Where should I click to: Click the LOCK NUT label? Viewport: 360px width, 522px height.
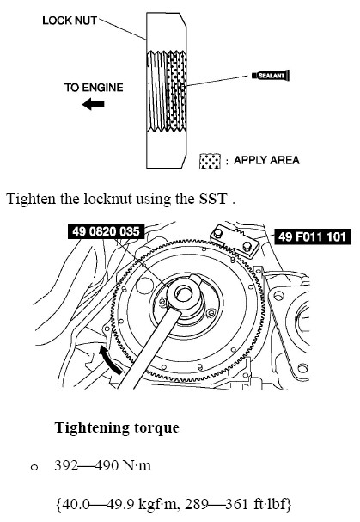pyautogui.click(x=70, y=21)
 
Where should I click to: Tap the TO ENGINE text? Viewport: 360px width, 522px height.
pyautogui.click(x=94, y=88)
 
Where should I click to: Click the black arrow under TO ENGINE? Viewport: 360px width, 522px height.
pyautogui.click(x=94, y=104)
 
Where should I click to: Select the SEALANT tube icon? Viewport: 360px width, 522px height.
pyautogui.click(x=271, y=76)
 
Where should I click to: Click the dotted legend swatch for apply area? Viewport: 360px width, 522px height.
pyautogui.click(x=210, y=161)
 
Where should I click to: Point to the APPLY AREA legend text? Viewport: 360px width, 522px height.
pyautogui.click(x=266, y=160)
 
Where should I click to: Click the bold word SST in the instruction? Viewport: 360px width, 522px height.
pyautogui.click(x=213, y=199)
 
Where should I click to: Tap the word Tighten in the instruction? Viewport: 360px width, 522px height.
pyautogui.click(x=31, y=199)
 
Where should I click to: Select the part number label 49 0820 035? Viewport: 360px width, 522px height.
pyautogui.click(x=106, y=231)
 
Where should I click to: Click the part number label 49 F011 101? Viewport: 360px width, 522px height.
pyautogui.click(x=313, y=236)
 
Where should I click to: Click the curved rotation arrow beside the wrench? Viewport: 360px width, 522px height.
pyautogui.click(x=110, y=360)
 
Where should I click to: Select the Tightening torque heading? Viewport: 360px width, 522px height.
pyautogui.click(x=117, y=427)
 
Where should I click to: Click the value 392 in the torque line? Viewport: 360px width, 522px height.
pyautogui.click(x=66, y=465)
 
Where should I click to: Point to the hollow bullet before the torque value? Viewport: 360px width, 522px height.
pyautogui.click(x=34, y=468)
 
